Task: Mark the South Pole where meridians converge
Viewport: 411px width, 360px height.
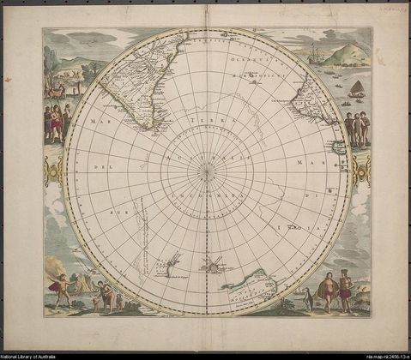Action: pyautogui.click(x=206, y=171)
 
